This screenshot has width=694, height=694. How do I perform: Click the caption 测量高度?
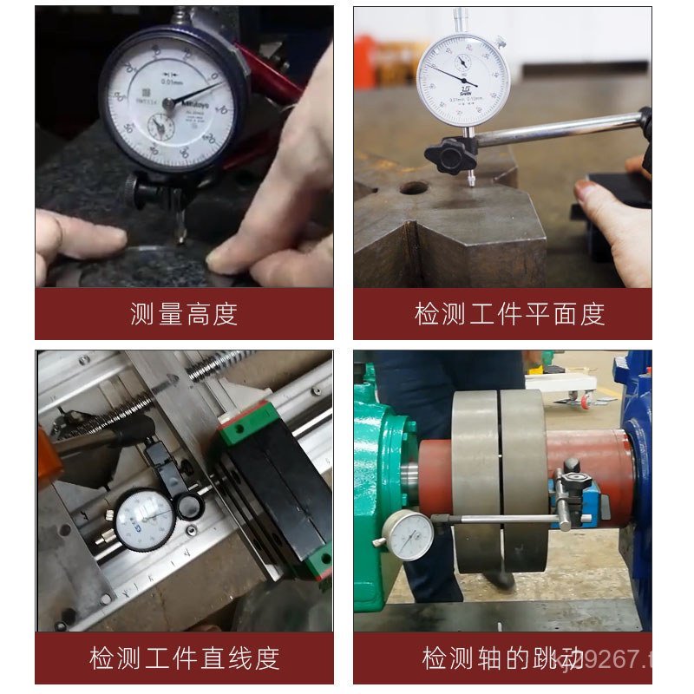pos(184,314)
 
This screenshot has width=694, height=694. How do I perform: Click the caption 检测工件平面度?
pos(509,314)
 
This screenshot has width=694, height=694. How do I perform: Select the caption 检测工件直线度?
pos(184,658)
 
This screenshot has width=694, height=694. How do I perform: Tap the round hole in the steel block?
pos(414,187)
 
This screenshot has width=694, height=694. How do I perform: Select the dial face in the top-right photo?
pos(462,81)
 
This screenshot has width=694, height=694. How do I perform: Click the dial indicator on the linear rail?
pos(145,520)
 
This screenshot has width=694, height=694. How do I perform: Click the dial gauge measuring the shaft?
pos(408,535)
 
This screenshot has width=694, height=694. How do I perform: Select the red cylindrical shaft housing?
pos(590,473)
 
